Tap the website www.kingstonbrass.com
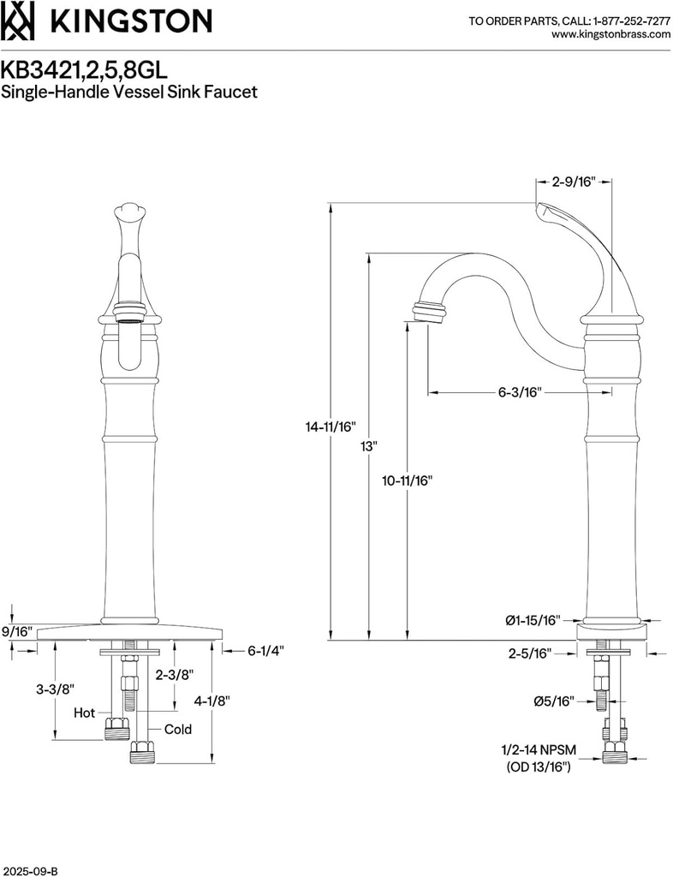coord(610,34)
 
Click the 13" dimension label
coord(369,446)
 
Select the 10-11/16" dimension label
coord(407,480)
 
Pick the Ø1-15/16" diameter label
coord(532,619)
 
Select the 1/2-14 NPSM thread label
coord(539,749)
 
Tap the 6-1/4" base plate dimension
coord(265,650)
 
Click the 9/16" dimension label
coord(16,632)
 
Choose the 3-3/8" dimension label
coord(57,689)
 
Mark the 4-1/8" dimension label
coord(212,700)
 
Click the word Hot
coord(85,712)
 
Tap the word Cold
coord(177,730)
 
